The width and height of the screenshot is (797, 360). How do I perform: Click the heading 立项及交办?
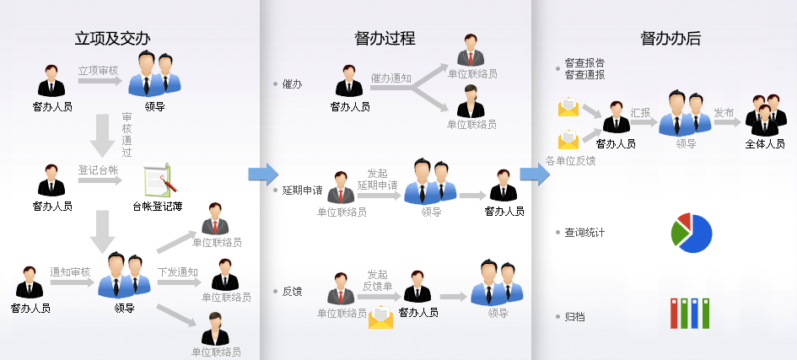(x=112, y=38)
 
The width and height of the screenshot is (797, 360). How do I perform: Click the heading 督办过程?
(x=385, y=38)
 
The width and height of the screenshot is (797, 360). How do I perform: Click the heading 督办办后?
(x=670, y=38)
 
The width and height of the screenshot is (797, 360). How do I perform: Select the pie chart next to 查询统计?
(x=692, y=233)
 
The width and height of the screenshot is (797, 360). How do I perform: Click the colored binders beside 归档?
(x=688, y=312)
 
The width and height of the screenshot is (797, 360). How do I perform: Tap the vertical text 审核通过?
(x=127, y=135)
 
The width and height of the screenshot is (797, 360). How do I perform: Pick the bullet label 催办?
(x=292, y=85)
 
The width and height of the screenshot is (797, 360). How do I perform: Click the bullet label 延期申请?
(x=302, y=191)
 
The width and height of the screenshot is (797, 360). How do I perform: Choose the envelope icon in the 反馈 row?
(x=381, y=317)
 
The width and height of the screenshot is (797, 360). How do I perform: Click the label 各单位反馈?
(x=570, y=160)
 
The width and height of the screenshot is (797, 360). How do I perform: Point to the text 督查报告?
(x=584, y=62)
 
